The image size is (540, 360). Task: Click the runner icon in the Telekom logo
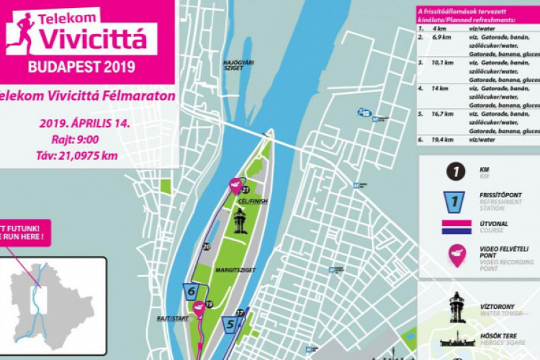(22, 33)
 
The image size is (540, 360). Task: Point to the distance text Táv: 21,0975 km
(80, 156)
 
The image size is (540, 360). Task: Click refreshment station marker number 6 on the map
(191, 292)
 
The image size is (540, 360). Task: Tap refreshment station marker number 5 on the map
(230, 324)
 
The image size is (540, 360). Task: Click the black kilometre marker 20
(207, 246)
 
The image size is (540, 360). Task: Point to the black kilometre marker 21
(245, 189)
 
